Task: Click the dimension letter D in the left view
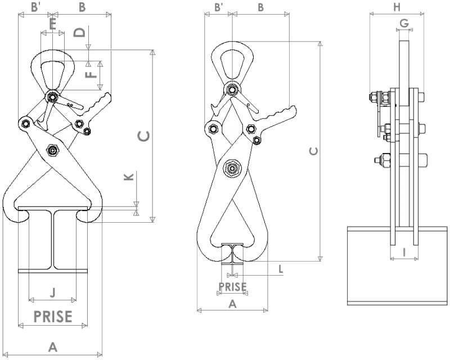click(79, 33)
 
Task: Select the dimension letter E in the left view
click(52, 24)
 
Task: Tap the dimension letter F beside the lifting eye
click(91, 75)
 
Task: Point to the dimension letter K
click(129, 177)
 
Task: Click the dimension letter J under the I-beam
click(52, 292)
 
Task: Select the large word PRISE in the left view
click(53, 316)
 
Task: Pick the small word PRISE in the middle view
click(232, 287)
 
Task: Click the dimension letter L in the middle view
click(281, 269)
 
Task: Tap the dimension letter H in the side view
click(397, 7)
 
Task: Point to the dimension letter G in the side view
click(404, 22)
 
